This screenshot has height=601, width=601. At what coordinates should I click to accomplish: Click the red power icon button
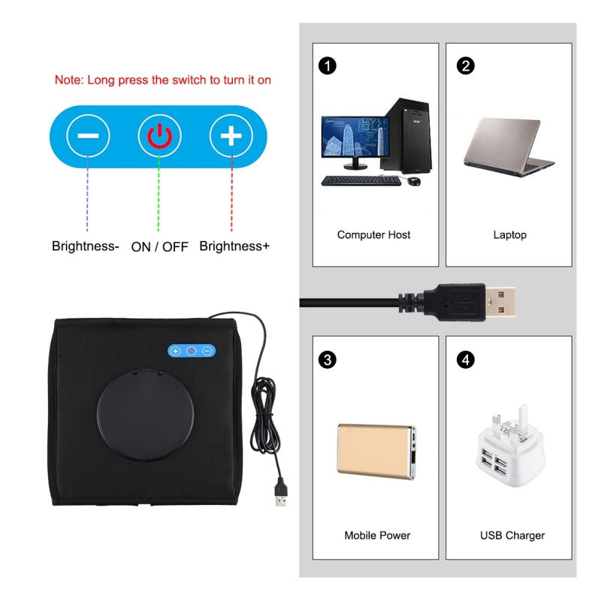click(159, 136)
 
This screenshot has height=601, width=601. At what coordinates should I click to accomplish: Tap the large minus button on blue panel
click(88, 136)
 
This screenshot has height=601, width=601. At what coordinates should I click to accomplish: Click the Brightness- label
click(86, 246)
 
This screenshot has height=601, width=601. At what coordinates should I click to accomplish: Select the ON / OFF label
click(159, 247)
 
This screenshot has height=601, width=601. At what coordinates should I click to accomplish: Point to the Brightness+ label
click(234, 246)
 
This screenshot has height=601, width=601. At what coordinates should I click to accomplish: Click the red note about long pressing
click(163, 80)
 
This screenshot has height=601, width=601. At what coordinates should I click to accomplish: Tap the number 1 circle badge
click(328, 66)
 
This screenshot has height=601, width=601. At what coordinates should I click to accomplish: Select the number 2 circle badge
click(465, 66)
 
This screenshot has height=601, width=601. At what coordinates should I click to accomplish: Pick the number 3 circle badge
click(328, 360)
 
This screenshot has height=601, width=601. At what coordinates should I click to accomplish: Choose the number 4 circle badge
click(465, 360)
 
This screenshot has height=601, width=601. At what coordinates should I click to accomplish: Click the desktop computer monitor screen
click(355, 137)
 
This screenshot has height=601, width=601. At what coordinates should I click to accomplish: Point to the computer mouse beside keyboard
click(414, 181)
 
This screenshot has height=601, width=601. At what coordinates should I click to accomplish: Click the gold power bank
click(376, 452)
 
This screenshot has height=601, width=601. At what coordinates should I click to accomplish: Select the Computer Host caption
click(373, 234)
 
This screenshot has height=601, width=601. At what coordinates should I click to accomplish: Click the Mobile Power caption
click(377, 535)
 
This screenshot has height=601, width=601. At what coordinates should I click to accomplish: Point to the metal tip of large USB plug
click(500, 302)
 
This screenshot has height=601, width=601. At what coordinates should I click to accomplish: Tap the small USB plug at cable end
click(281, 494)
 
